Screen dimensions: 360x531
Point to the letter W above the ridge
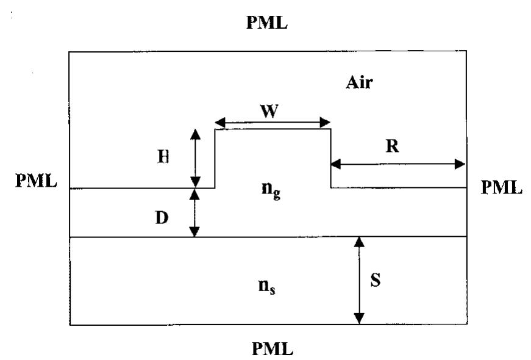(x=272, y=111)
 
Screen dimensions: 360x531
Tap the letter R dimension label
(x=392, y=146)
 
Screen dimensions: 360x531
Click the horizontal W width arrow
(x=272, y=123)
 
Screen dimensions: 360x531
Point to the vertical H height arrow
(x=195, y=158)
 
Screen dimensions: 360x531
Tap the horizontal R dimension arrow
(x=397, y=164)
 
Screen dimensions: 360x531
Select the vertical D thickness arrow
(x=195, y=212)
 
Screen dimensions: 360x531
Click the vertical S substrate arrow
(x=359, y=281)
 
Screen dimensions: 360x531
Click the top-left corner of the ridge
(x=215, y=129)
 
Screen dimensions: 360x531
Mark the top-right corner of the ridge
(x=330, y=129)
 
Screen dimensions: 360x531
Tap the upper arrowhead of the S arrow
(x=359, y=241)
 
